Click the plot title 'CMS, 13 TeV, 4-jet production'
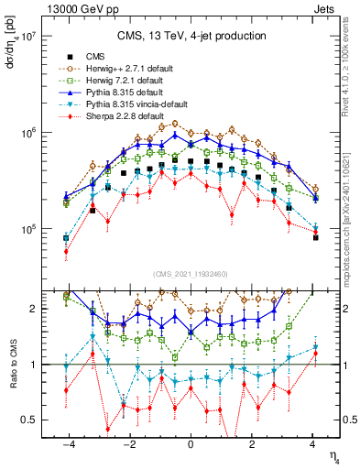pos(191,37)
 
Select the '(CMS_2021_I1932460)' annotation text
pos(191,274)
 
